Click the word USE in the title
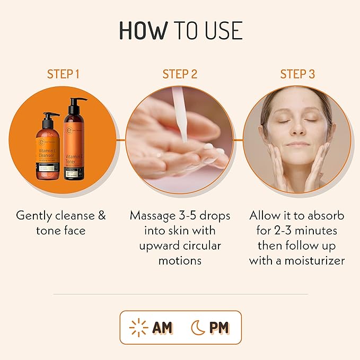(x=221, y=30)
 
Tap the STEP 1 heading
(x=63, y=74)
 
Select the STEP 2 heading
(x=180, y=74)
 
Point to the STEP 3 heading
(x=297, y=74)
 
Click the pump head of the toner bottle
(x=77, y=101)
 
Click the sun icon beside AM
(x=139, y=328)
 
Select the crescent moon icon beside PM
(x=197, y=328)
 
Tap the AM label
(x=162, y=328)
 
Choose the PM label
(x=219, y=328)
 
